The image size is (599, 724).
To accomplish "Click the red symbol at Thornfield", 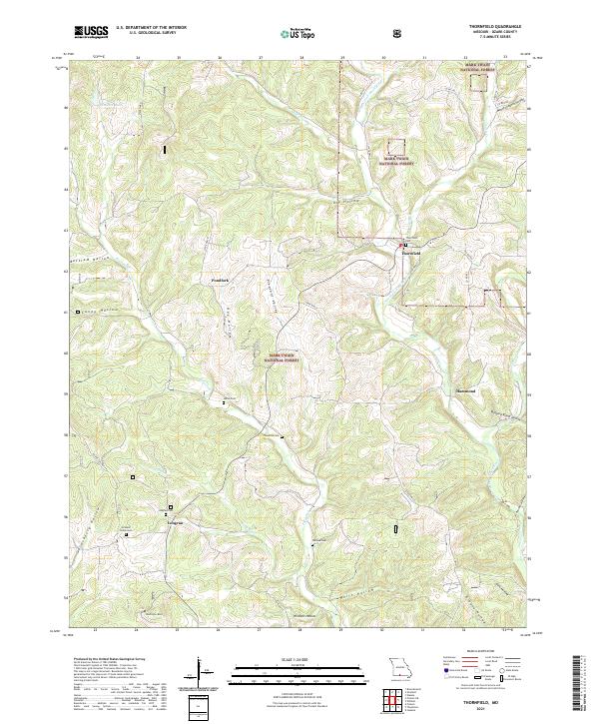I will click(403, 245).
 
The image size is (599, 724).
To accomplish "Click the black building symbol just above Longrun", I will click(170, 507).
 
